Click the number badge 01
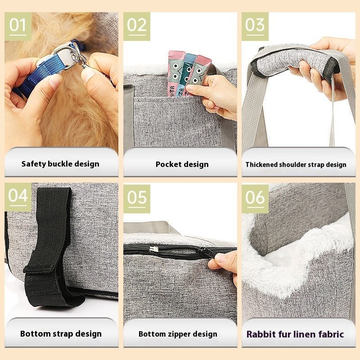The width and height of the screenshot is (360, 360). coord(18,26)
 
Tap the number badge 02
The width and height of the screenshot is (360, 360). coord(137,26)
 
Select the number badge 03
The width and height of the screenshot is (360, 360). coord(255,26)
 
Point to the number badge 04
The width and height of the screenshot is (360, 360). coord(18,197)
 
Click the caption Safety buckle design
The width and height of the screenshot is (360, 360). coord(60,164)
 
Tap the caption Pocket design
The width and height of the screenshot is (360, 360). coord(182,164)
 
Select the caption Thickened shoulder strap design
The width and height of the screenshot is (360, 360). coord(296,165)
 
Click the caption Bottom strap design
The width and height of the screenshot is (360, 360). coord(61,334)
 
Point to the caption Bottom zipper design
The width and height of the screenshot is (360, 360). coord(178,334)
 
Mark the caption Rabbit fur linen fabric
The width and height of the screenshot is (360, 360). coord(295,334)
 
